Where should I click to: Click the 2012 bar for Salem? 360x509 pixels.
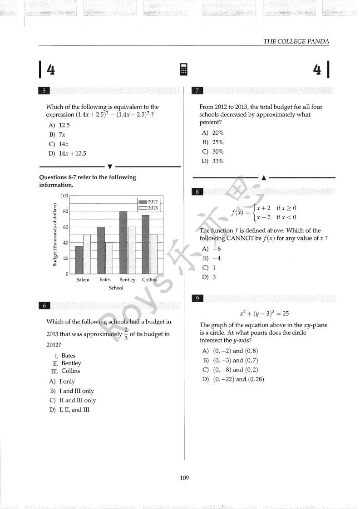click(x=79, y=260)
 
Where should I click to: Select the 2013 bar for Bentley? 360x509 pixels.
click(x=131, y=250)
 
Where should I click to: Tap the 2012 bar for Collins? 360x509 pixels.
click(x=146, y=245)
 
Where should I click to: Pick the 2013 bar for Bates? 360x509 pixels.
click(x=109, y=258)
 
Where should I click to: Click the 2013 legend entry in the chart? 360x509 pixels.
click(x=148, y=208)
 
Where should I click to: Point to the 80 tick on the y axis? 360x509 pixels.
click(x=65, y=211)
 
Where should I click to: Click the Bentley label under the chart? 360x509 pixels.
click(x=127, y=280)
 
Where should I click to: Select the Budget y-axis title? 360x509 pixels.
click(x=55, y=235)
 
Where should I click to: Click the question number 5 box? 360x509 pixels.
click(x=44, y=91)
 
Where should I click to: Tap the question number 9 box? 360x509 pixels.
click(x=197, y=298)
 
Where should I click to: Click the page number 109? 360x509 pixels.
click(x=184, y=477)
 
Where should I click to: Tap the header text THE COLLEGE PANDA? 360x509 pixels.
click(x=296, y=41)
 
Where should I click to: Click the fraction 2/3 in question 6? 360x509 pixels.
click(x=126, y=334)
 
